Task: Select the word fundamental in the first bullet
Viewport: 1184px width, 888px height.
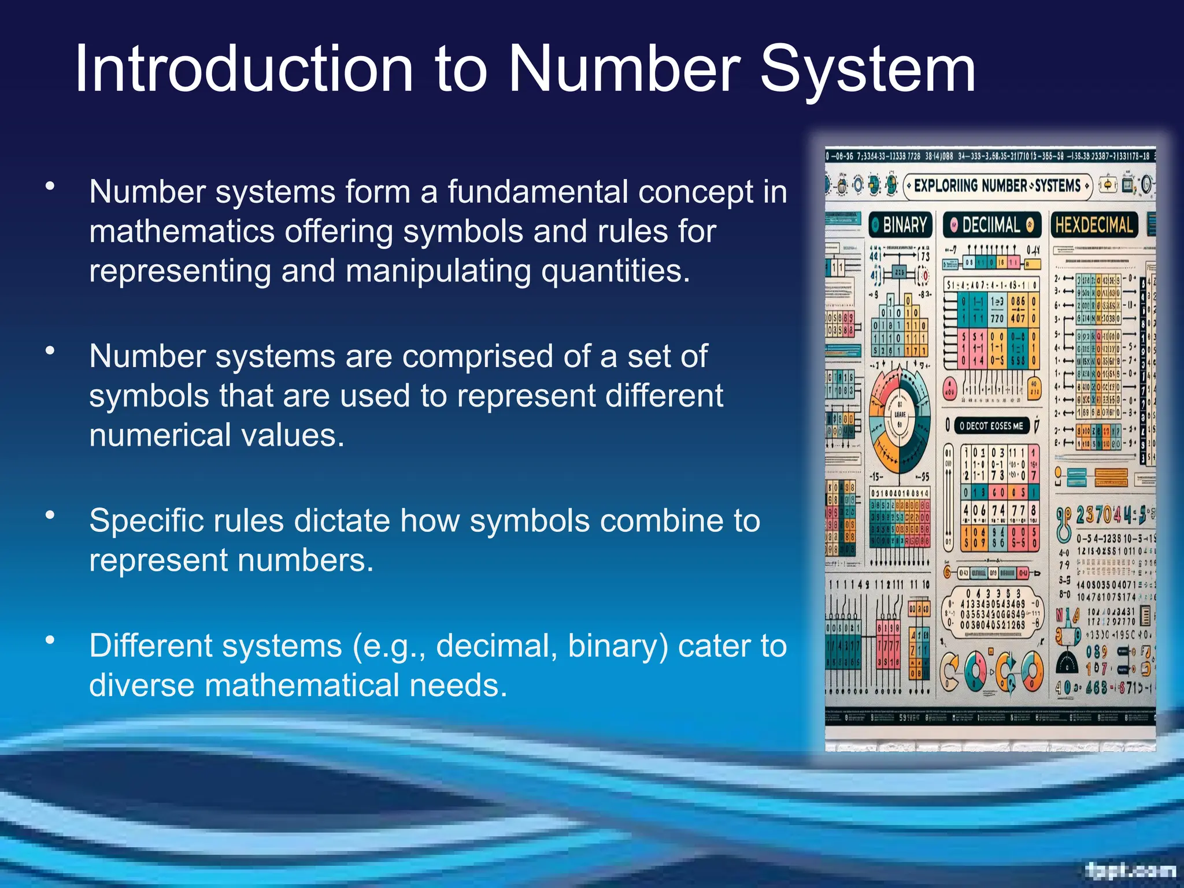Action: [x=537, y=192]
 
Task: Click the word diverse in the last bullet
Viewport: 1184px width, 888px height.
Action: [x=142, y=685]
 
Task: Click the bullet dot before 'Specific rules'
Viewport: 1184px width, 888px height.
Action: [x=50, y=515]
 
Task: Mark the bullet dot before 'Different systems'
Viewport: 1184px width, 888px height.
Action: [x=50, y=639]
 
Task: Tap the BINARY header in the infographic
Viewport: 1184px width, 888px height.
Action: [x=900, y=224]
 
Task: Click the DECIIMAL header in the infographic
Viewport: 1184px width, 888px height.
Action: [x=991, y=224]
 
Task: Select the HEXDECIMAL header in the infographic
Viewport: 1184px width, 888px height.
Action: [x=1094, y=224]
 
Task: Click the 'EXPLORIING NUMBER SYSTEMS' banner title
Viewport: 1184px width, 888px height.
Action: [x=997, y=186]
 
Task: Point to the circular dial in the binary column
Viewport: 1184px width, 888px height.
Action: [x=900, y=419]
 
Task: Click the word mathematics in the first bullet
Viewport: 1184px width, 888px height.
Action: [x=182, y=231]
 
